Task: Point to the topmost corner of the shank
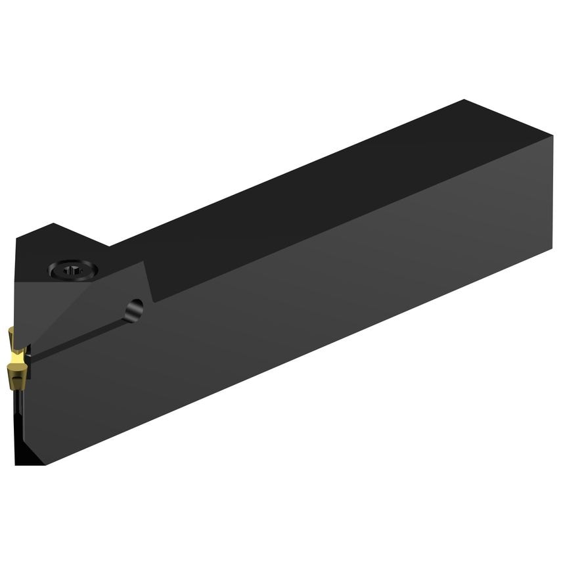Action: click(x=465, y=100)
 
